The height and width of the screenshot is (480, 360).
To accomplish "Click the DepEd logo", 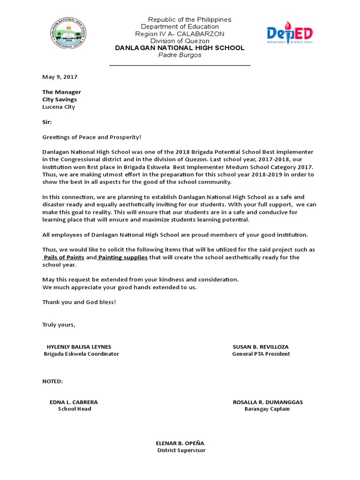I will tap(290, 34).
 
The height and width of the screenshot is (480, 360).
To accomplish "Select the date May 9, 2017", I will tap(60, 76).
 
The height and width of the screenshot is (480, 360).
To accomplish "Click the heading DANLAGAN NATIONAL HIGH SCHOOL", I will tap(180, 48).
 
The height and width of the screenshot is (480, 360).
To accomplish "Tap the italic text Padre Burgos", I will tap(180, 55).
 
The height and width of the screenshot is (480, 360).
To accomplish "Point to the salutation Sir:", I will tap(47, 121).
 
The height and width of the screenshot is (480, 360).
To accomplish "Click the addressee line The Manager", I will tap(61, 92).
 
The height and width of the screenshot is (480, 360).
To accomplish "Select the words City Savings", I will tap(60, 99).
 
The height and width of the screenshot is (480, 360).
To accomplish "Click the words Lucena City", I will tap(59, 106).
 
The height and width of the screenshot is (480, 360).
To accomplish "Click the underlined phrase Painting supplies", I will tap(123, 257).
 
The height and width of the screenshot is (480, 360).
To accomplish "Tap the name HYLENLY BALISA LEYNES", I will tap(79, 347).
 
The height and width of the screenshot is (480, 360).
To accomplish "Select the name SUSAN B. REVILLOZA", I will tap(261, 347).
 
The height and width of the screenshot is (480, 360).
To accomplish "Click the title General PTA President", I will tap(261, 354).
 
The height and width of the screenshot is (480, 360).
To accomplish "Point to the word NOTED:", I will tap(52, 381).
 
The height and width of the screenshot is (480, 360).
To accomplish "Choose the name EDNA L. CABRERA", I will tap(74, 402).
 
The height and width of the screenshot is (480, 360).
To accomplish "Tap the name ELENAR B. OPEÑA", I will tap(180, 443).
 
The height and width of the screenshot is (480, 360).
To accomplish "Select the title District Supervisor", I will tap(181, 450).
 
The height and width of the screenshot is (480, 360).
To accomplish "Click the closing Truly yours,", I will tap(59, 324).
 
